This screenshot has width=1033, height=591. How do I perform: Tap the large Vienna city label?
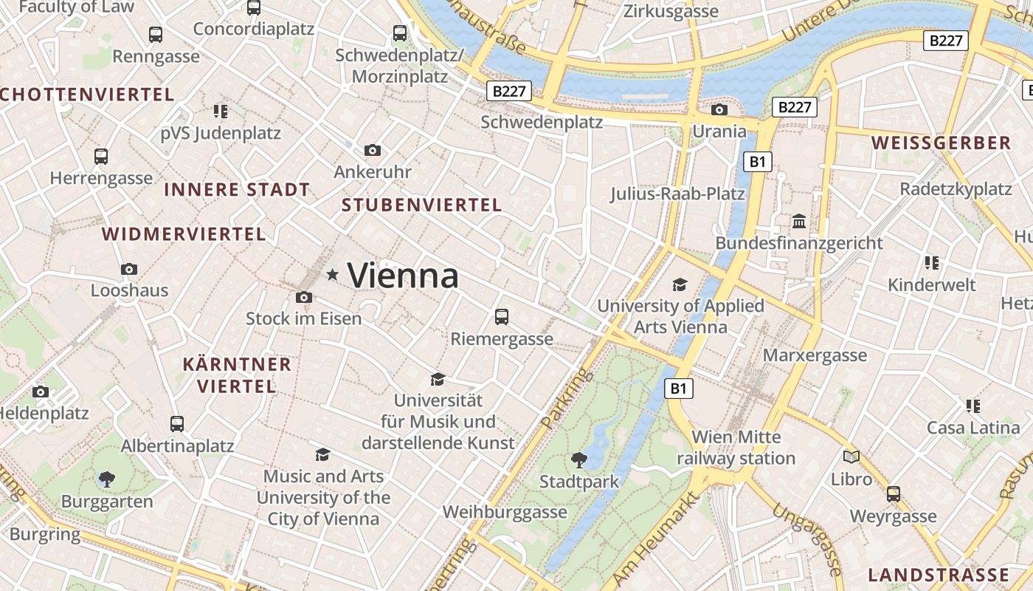click(403, 276)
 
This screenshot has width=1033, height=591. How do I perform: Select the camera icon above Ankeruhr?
click(373, 151)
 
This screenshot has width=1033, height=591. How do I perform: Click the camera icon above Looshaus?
click(129, 269)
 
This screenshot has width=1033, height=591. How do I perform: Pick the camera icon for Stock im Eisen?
click(303, 298)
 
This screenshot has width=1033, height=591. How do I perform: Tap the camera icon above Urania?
click(719, 110)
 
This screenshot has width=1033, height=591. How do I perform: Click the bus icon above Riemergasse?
click(502, 317)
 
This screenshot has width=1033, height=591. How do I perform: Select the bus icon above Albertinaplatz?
click(177, 424)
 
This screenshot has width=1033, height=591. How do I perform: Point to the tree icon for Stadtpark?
click(579, 460)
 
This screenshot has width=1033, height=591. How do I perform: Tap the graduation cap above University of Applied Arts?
click(680, 284)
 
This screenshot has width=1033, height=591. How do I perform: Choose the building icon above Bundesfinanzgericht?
click(798, 222)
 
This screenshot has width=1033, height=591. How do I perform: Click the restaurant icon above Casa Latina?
click(973, 406)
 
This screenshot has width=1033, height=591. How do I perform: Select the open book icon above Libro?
click(851, 457)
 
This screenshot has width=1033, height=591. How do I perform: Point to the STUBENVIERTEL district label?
click(422, 205)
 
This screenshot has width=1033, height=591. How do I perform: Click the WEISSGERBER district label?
click(941, 143)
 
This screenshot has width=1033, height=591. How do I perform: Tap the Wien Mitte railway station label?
click(736, 448)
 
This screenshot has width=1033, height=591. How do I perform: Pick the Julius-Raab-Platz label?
click(677, 194)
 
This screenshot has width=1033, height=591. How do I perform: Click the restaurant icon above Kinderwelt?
click(931, 263)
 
